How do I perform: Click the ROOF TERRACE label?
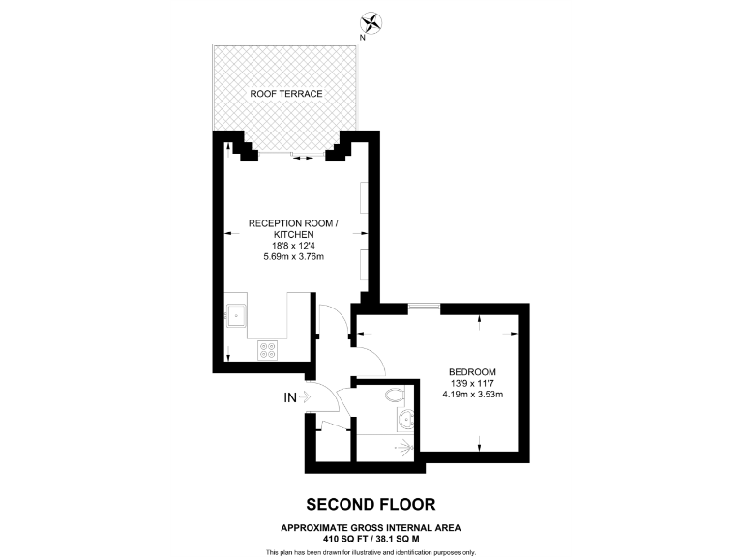click(285, 93)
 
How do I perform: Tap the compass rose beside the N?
click(371, 21)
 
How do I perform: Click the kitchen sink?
click(236, 313)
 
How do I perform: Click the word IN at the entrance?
click(289, 396)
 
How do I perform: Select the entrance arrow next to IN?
click(307, 396)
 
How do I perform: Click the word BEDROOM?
click(472, 372)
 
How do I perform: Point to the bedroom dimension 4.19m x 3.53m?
click(472, 395)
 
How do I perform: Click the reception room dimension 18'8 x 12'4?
click(293, 246)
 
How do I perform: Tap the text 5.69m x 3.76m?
click(293, 257)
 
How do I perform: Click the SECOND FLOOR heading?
click(371, 504)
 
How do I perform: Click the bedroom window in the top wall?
click(423, 307)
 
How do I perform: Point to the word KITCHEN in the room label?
click(293, 235)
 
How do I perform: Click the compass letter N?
click(362, 37)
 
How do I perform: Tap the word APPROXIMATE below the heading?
click(316, 527)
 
